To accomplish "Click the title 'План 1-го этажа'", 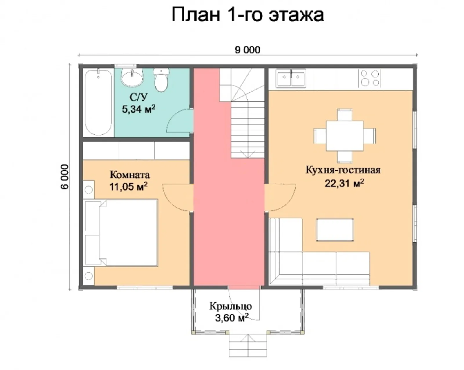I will tap(247, 15).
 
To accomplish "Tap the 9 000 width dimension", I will tap(247, 50).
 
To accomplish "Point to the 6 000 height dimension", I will tap(65, 177).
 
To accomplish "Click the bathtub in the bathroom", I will tap(99, 102).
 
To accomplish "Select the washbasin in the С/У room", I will tap(132, 77).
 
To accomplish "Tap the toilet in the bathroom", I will tap(161, 80).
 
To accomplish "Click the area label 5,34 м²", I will tap(138, 109).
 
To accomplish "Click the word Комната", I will tap(130, 175).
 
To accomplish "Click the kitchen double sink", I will tap(291, 78).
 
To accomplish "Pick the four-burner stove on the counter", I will tap(370, 78).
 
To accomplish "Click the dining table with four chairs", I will tap(345, 136).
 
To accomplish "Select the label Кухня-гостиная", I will tap(343, 170).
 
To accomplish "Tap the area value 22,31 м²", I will tap(344, 183).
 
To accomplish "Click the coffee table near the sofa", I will tap(335, 230).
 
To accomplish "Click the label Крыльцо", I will tap(231, 306).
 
